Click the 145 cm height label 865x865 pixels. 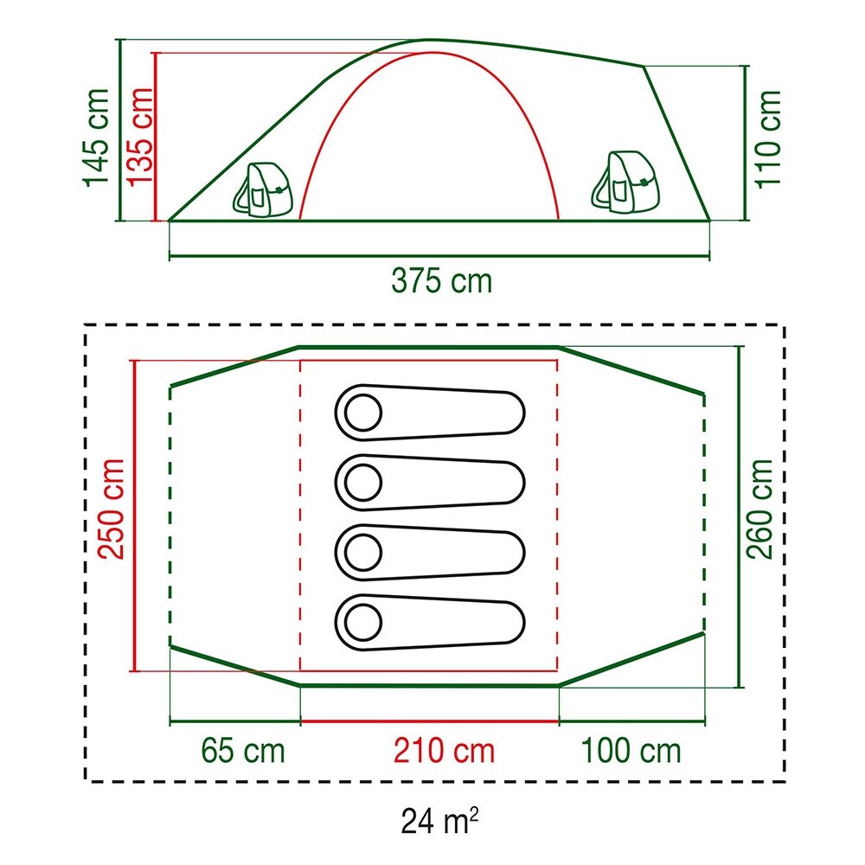coord(96,138)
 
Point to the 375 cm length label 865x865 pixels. coord(441,280)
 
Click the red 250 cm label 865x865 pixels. coord(111,509)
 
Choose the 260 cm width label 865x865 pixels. coord(759,509)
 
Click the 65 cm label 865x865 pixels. coord(243,750)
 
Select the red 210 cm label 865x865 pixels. coord(444,750)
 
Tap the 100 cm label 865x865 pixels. coord(631,750)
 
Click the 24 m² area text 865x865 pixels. coord(439,820)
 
